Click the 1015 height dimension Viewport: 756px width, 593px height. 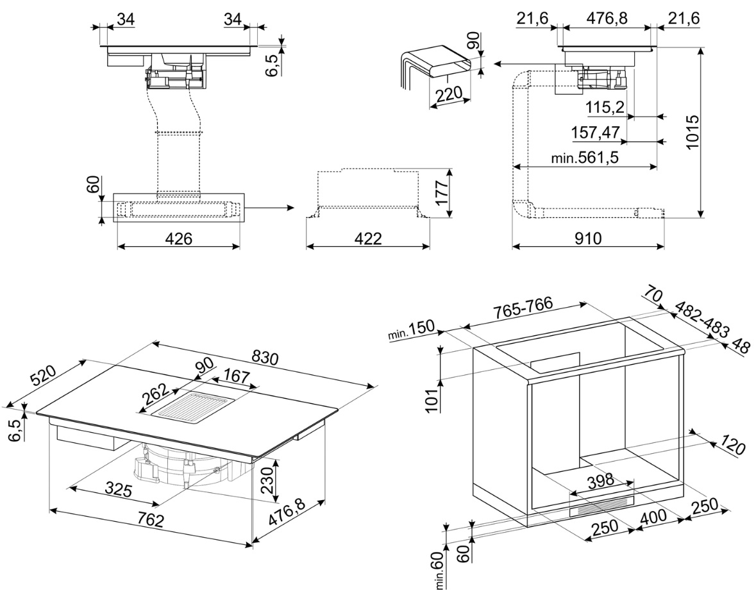coord(692,131)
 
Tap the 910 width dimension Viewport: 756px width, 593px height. coord(588,238)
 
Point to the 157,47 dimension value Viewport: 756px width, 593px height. coord(595,132)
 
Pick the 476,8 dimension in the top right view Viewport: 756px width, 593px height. coord(607,19)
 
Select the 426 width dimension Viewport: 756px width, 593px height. coord(178,238)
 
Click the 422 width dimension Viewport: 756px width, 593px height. coord(367,238)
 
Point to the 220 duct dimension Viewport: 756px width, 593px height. coord(448,94)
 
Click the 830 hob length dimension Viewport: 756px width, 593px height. coord(265,358)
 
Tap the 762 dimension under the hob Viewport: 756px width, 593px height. coord(150,520)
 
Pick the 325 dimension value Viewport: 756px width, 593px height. coord(118,490)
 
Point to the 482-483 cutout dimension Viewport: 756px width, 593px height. coord(701,319)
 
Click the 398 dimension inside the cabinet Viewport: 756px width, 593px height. coord(601,480)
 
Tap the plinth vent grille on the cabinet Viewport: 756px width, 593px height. coord(601,506)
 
